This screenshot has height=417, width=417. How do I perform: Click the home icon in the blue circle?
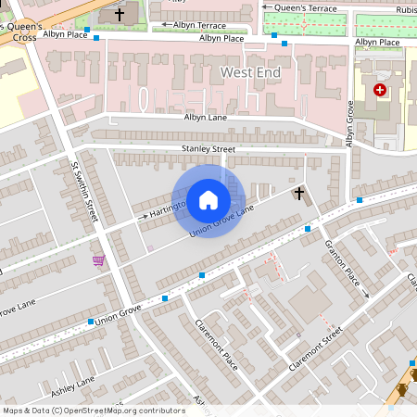coord(208,200)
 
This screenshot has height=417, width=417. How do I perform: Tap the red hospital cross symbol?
coord(379,90)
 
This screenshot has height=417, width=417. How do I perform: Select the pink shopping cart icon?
coord(99,260)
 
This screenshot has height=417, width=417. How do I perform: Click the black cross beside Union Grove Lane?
coord(298,194)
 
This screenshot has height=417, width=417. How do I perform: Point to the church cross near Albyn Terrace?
coord(120,15)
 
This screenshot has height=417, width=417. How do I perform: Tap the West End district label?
coord(250,71)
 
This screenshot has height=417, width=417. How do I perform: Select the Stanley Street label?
coord(208,148)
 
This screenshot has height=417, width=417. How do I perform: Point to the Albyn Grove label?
coord(349,123)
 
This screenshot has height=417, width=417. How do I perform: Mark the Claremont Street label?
coord(315,348)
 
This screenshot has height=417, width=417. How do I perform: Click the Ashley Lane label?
coord(74,382)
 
